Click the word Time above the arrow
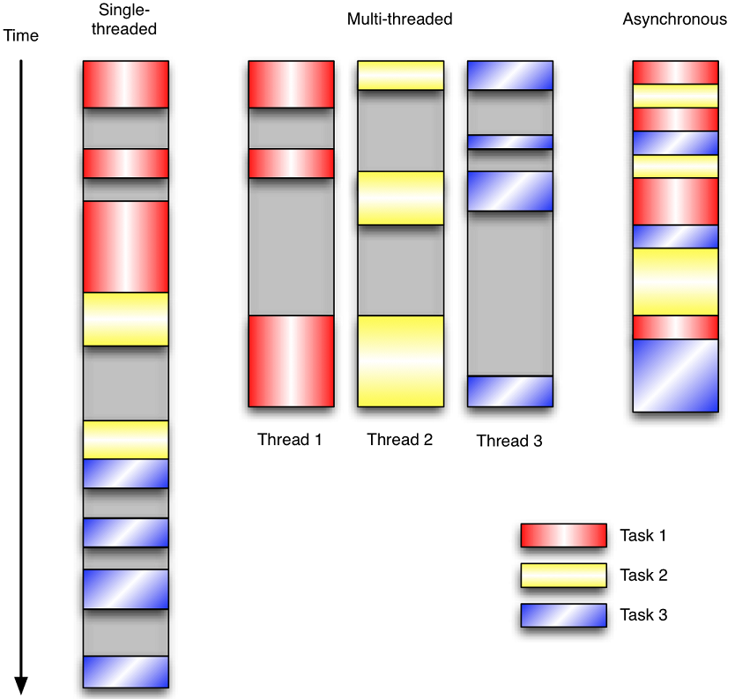coord(21,36)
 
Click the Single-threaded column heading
coord(125,20)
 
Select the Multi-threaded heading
coord(399,19)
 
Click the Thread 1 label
coord(290,439)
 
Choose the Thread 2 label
coord(400,439)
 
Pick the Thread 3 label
coord(509,441)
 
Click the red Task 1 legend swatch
coord(563,535)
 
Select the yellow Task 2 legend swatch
coord(563,575)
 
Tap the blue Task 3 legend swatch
coord(563,614)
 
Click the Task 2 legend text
coord(643,575)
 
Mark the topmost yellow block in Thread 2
coord(400,75)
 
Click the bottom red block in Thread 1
coord(291,361)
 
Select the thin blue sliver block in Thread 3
coord(509,142)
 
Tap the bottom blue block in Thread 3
coord(509,390)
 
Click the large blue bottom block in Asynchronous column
coord(676,375)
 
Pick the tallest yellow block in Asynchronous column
coord(676,281)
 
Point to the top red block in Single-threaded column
coord(125,84)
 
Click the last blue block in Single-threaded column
coord(125,671)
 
